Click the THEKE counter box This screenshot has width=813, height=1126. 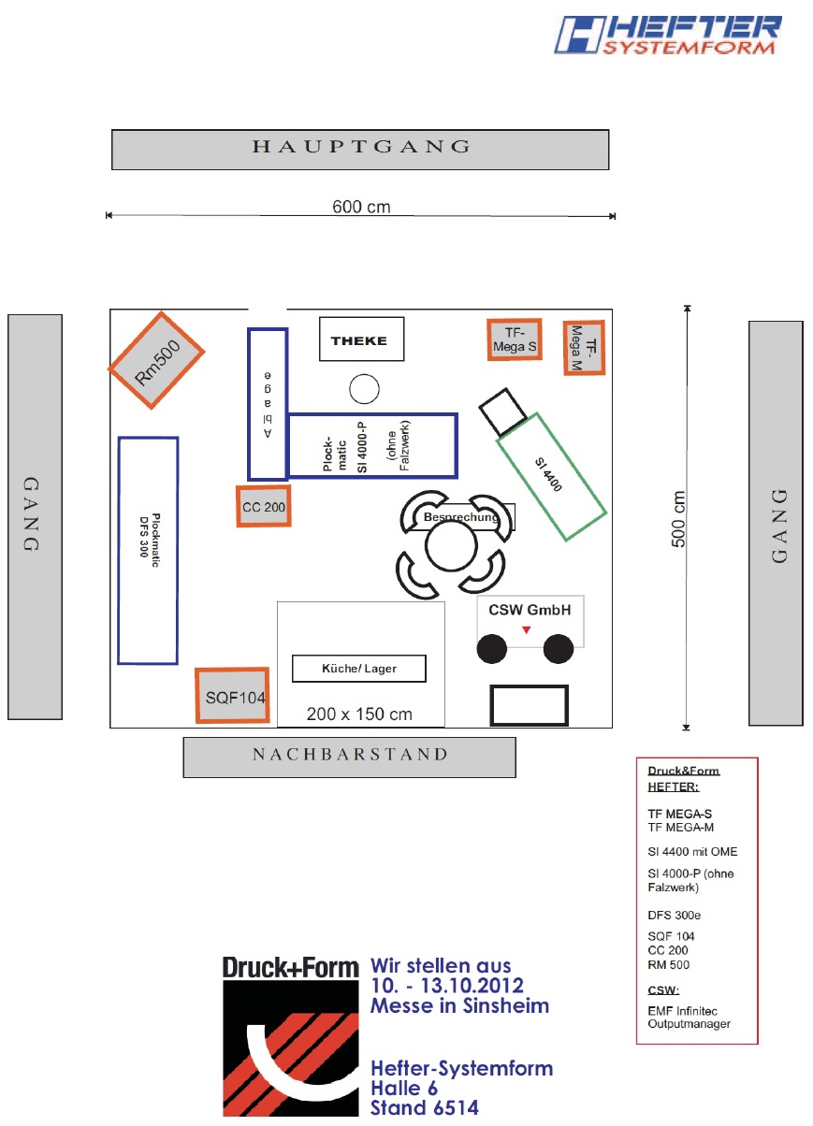[361, 339]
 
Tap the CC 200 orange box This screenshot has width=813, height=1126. [264, 507]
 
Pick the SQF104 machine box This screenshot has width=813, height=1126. [232, 696]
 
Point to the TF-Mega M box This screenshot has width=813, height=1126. [585, 348]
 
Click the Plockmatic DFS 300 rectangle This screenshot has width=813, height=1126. [148, 550]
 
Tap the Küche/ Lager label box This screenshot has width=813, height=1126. [359, 669]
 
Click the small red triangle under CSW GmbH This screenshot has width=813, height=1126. [527, 630]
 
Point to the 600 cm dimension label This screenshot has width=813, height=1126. [361, 206]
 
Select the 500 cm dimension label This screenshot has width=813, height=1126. [680, 519]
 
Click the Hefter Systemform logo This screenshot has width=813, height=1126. [668, 36]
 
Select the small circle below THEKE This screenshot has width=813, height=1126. [363, 387]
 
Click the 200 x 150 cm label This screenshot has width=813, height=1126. [359, 714]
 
